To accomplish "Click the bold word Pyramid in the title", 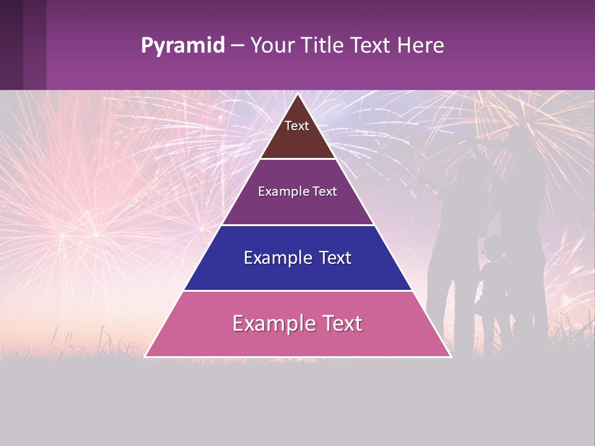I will [182, 46].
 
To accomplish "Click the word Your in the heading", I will [271, 45].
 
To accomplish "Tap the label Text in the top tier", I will [297, 126].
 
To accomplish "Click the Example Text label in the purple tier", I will [297, 191].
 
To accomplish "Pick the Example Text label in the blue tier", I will [297, 258].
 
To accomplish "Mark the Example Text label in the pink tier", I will [297, 323].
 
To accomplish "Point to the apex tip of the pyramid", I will [297, 95].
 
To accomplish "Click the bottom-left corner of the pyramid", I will [146, 356].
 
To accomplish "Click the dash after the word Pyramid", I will [237, 46].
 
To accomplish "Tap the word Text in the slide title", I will [371, 45].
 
